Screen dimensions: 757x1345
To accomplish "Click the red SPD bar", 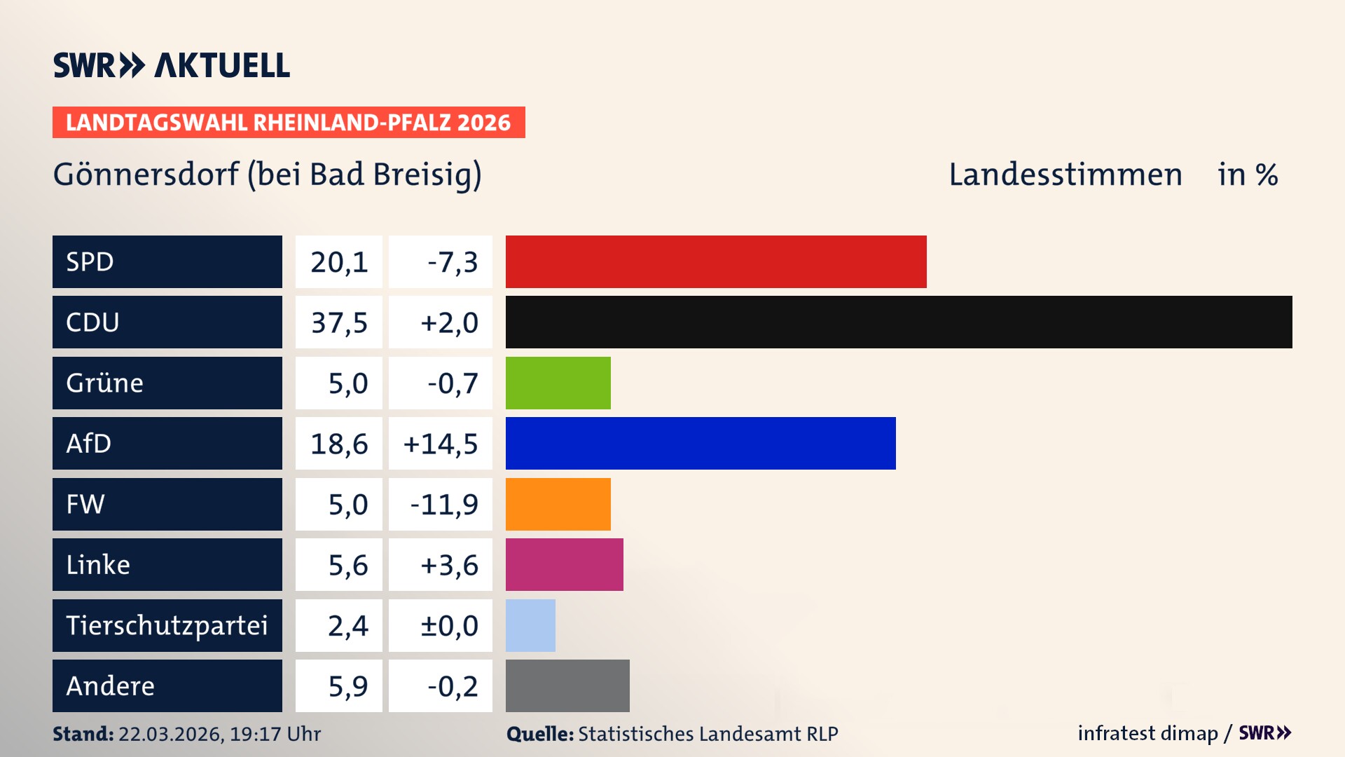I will click(716, 261).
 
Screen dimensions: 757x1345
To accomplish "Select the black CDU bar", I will click(899, 322).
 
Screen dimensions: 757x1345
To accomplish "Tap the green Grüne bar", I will click(558, 383).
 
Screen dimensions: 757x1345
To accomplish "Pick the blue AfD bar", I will click(701, 443).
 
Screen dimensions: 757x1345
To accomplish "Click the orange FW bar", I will click(558, 504).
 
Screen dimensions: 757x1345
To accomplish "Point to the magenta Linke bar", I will click(565, 564).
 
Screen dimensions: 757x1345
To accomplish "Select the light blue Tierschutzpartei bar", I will click(530, 625).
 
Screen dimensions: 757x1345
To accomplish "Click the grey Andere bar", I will click(567, 686).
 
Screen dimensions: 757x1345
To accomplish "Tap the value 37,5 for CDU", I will click(339, 322).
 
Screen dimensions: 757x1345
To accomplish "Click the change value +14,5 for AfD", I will click(441, 444).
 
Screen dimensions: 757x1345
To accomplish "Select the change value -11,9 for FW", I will click(444, 504).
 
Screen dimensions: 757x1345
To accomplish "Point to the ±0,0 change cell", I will click(449, 625).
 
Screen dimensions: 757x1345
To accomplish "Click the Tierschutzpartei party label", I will click(167, 625).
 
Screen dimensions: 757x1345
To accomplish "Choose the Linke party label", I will click(98, 564).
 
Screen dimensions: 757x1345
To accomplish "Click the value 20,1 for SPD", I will click(339, 262).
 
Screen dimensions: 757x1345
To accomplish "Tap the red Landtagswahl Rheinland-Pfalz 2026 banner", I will click(289, 123).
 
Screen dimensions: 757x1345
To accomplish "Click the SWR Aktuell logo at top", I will click(172, 65).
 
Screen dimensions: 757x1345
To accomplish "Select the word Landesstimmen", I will click(1065, 175).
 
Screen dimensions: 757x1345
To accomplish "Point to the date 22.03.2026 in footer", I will click(170, 734).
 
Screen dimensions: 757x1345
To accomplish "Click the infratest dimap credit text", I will click(1147, 733).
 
